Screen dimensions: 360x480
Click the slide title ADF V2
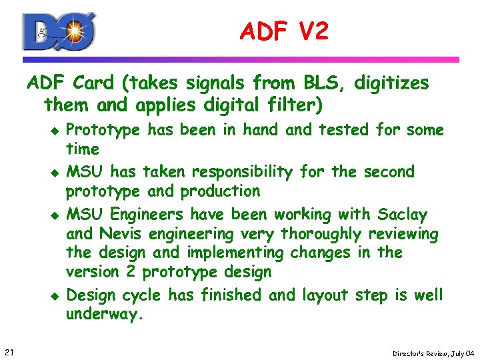pyautogui.click(x=285, y=31)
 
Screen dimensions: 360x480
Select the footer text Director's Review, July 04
pyautogui.click(x=433, y=353)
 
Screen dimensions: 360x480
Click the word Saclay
pyautogui.click(x=403, y=215)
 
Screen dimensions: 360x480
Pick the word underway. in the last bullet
pyautogui.click(x=105, y=315)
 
